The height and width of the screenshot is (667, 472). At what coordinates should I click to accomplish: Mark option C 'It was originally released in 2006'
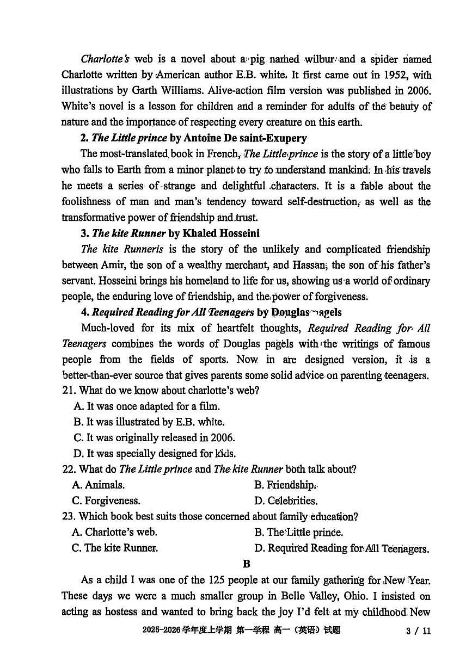click(x=154, y=438)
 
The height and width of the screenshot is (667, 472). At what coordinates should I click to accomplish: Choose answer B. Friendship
click(x=285, y=485)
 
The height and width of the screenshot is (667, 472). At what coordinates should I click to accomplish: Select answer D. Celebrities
click(x=286, y=501)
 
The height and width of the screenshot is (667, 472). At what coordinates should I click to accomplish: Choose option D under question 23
click(x=341, y=548)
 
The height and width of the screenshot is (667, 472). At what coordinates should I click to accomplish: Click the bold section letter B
click(x=247, y=564)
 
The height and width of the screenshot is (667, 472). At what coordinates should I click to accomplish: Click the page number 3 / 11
click(x=418, y=631)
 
